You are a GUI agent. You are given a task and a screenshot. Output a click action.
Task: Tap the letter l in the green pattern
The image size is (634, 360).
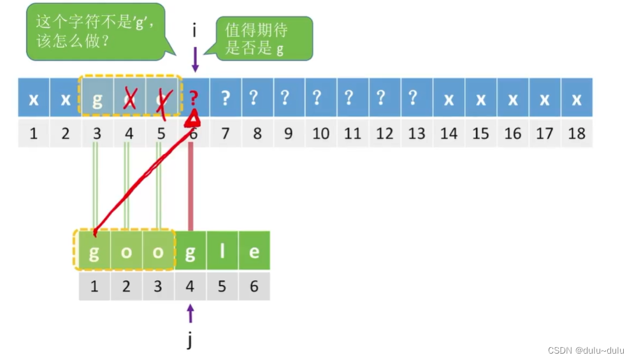click(x=222, y=251)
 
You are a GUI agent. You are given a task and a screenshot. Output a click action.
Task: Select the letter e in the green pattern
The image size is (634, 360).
click(x=254, y=251)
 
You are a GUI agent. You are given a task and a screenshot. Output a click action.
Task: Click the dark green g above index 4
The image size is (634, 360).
click(x=190, y=251)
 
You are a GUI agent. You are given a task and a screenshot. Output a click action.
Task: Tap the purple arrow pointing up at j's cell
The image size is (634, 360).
click(x=190, y=313)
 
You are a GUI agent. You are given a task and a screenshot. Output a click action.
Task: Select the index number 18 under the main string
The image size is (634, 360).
click(x=576, y=133)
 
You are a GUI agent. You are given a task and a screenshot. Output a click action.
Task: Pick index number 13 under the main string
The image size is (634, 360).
click(x=417, y=133)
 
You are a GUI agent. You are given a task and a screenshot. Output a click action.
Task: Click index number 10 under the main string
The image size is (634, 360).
click(x=321, y=133)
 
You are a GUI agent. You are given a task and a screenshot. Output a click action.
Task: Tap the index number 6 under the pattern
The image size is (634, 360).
click(x=254, y=287)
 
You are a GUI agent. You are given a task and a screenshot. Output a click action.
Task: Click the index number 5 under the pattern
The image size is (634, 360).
click(x=222, y=287)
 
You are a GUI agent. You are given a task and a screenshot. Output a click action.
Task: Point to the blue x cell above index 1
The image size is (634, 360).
click(x=34, y=99)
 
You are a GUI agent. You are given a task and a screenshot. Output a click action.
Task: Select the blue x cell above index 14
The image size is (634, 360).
click(x=449, y=99)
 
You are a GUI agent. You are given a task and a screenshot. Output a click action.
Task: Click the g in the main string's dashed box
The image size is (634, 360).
click(x=97, y=99)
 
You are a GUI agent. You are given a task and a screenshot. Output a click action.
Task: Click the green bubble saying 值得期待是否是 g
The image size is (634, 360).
click(x=264, y=38)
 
